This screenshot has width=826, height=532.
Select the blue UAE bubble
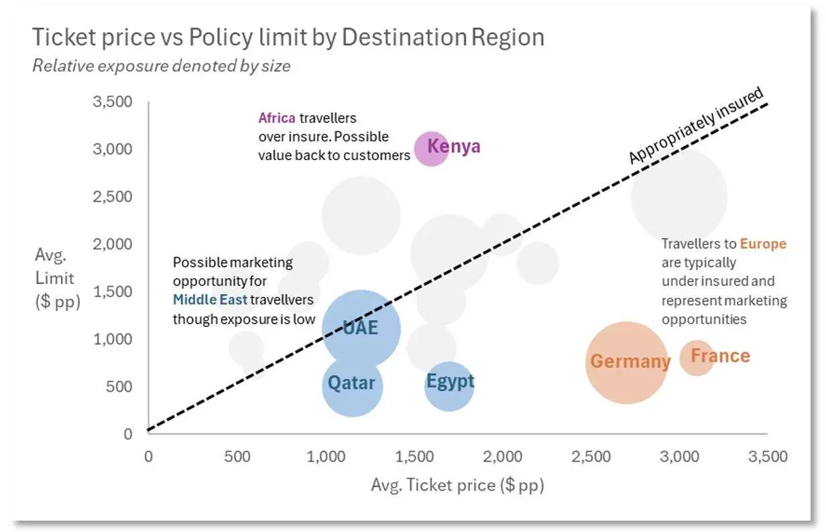point(361,328)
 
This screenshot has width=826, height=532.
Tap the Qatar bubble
point(352,385)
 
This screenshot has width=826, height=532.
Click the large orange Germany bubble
point(626,362)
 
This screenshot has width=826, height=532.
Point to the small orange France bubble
point(697,357)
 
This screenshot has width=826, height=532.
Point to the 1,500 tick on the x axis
point(414,457)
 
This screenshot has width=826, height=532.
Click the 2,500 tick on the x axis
point(591,457)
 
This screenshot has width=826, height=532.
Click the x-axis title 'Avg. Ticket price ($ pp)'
point(457,485)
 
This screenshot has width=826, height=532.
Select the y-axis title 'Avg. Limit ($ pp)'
point(57,277)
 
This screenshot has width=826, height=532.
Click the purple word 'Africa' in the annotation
point(277,119)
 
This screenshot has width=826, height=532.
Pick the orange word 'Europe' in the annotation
point(763,244)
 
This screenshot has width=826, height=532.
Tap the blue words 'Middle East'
point(210,300)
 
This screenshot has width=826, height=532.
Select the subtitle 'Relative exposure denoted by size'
point(161,66)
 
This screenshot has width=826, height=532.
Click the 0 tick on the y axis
point(128,434)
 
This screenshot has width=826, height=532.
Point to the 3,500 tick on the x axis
point(767,457)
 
